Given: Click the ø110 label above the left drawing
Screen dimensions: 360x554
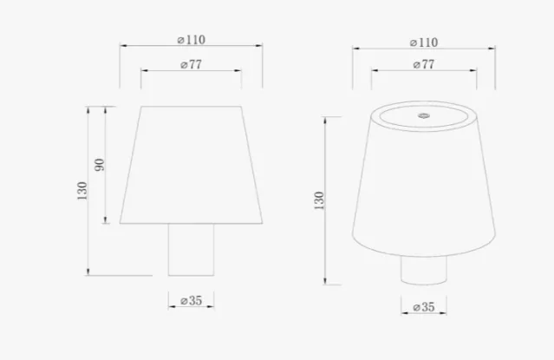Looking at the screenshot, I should click(191, 40).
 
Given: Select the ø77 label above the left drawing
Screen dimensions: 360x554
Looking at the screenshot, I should click(191, 64).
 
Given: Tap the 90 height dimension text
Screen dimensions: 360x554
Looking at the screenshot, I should click(99, 164).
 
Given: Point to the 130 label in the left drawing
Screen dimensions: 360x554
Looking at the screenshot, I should click(81, 190).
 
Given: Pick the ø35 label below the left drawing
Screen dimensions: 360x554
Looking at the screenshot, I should click(191, 300).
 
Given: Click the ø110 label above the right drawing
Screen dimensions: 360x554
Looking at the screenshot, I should click(422, 43).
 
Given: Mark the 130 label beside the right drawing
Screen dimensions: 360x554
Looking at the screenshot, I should click(321, 200).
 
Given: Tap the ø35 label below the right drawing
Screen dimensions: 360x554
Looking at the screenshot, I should click(423, 307).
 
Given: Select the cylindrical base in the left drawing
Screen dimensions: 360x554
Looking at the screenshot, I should click(191, 249).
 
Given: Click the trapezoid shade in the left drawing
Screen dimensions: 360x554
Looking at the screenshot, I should click(191, 165).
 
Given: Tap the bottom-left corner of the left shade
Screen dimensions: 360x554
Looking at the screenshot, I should click(121, 223).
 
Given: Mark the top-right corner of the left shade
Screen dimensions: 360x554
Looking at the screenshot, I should click(240, 107).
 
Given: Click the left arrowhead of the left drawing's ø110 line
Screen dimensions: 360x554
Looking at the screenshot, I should click(122, 46).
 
